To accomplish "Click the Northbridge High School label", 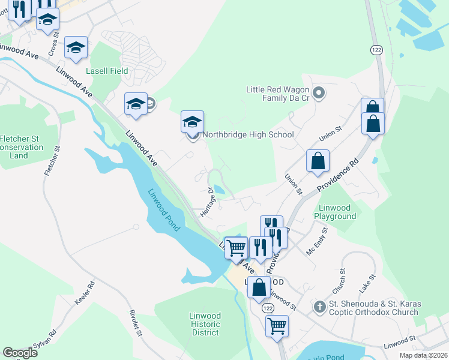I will coord(248,134).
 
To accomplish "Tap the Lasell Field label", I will coord(107,71).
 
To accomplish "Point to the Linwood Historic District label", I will coord(205,324).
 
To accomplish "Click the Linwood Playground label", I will coord(336,212).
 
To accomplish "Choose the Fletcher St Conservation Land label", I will coord(22,147).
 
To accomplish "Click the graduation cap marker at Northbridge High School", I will coord(192,122).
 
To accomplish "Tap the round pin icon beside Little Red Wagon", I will coord(319,93).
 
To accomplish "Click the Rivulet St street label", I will coord(136,323).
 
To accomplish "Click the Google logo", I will coord(20,353).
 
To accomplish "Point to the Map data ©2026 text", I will coord(423,355).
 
